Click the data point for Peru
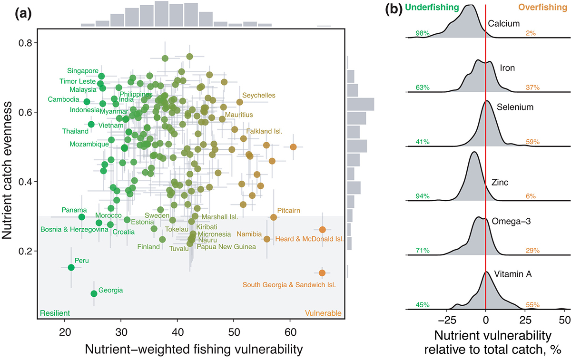pyautogui.click(x=71, y=267)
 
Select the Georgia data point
pyautogui.click(x=94, y=293)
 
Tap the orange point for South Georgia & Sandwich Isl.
pyautogui.click(x=322, y=272)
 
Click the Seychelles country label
pyautogui.click(x=258, y=96)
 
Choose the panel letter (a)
pyautogui.click(x=23, y=14)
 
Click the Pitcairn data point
pyautogui.click(x=274, y=217)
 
